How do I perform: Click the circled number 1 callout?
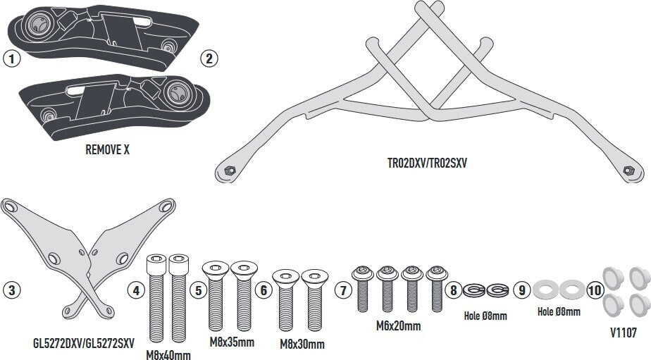tap(11, 58)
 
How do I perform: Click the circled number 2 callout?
tap(209, 58)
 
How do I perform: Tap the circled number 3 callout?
tap(11, 290)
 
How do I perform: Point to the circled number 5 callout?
tap(199, 290)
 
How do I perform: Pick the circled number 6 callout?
tap(263, 290)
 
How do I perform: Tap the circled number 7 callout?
tap(343, 290)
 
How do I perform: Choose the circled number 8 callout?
tap(454, 290)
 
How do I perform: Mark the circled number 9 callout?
tap(522, 290)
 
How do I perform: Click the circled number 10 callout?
tap(595, 290)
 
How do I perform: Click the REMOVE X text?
tap(108, 149)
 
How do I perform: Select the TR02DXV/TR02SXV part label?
tap(427, 163)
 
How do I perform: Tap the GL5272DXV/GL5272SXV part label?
tap(83, 343)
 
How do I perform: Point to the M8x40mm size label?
tap(168, 355)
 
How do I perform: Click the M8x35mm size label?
tap(232, 342)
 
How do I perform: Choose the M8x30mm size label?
tap(302, 345)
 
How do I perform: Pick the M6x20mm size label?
tap(399, 326)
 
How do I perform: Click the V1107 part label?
tap(624, 333)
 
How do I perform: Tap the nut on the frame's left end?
tap(229, 170)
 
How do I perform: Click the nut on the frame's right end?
tap(628, 170)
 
